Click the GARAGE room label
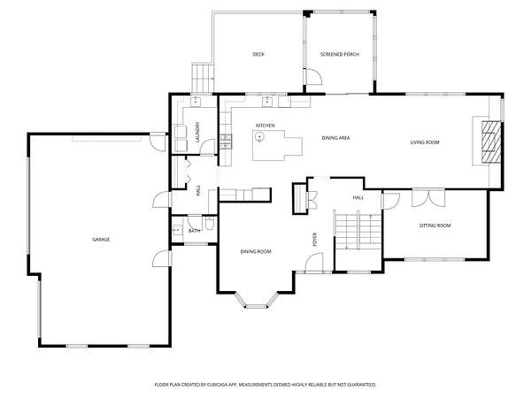(x=101, y=240)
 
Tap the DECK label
(x=258, y=54)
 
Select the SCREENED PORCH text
(x=340, y=54)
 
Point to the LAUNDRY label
(x=197, y=132)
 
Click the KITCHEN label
(x=265, y=126)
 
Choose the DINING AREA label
(x=335, y=138)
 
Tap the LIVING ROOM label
(x=425, y=142)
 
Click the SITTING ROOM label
(x=435, y=226)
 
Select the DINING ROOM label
(x=256, y=251)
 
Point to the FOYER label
(x=315, y=240)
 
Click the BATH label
(x=194, y=231)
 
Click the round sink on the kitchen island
(x=259, y=137)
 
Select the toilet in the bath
(x=209, y=224)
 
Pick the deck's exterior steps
(x=203, y=78)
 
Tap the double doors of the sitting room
(x=428, y=197)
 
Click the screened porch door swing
(x=314, y=76)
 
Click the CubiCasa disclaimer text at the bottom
(x=265, y=385)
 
